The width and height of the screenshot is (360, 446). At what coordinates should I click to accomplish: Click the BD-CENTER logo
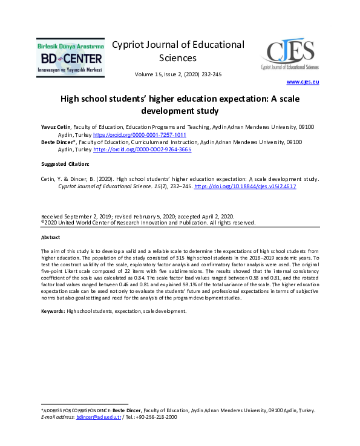(70, 58)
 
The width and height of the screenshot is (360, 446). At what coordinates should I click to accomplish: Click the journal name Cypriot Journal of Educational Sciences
(178, 51)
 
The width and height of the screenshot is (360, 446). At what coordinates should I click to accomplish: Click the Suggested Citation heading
(65, 164)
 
